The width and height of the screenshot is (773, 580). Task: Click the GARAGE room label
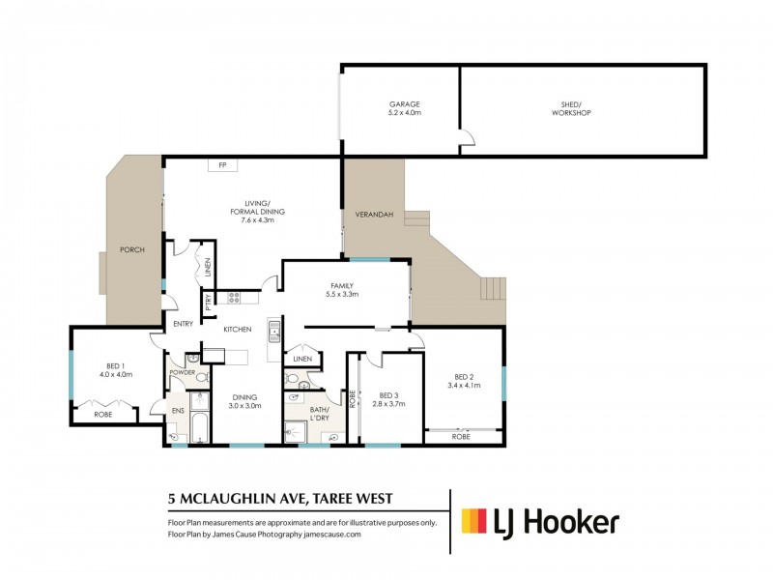click(404, 104)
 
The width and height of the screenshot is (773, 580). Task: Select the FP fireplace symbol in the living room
click(221, 166)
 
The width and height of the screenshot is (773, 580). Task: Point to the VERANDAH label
click(372, 214)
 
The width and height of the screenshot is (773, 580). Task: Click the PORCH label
click(131, 249)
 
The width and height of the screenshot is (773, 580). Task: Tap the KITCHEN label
click(238, 330)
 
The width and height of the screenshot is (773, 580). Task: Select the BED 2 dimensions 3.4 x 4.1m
click(463, 386)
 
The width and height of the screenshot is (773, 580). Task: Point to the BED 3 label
click(388, 394)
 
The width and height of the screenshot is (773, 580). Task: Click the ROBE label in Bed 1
click(102, 414)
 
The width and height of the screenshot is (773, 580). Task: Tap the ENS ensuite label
click(177, 411)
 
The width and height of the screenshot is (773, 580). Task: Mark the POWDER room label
click(183, 372)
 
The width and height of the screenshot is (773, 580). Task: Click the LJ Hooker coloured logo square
click(473, 522)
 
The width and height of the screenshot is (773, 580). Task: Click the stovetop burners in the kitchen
click(234, 298)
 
